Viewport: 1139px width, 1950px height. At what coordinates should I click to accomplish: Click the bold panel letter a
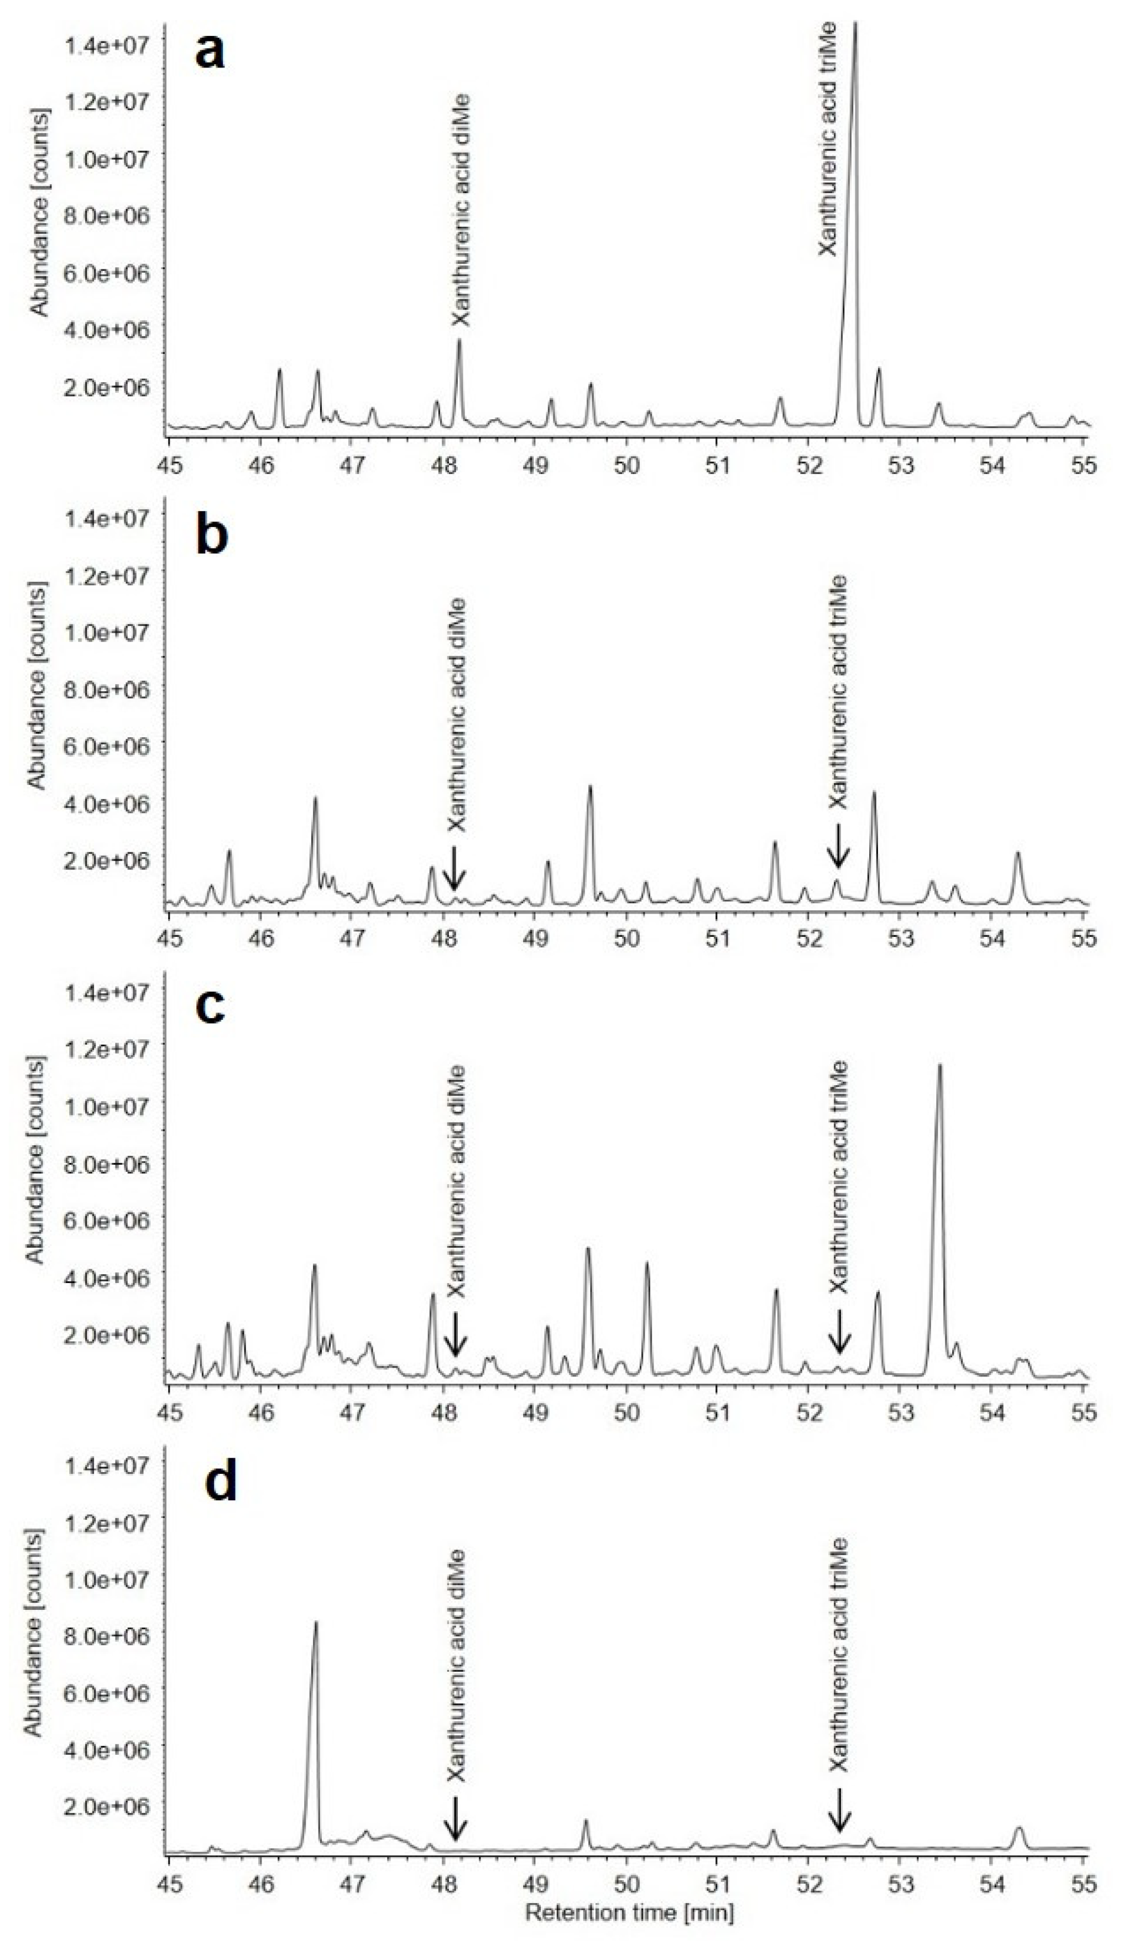pos(211,53)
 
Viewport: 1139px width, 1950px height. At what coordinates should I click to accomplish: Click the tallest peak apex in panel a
pos(854,25)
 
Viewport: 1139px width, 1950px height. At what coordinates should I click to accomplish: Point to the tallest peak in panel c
pos(939,1066)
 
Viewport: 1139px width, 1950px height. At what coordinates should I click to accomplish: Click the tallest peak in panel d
pos(315,1623)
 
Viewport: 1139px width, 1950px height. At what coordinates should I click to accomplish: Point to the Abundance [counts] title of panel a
pos(39,213)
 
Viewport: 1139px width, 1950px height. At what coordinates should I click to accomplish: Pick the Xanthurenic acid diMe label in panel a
pos(461,211)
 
